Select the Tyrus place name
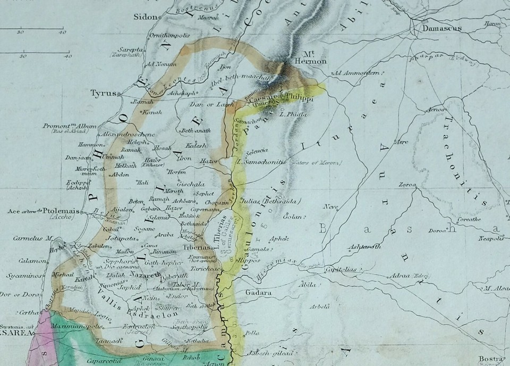point(103,93)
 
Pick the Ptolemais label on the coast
point(60,211)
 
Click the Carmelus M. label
point(33,238)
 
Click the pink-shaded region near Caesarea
point(39,340)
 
